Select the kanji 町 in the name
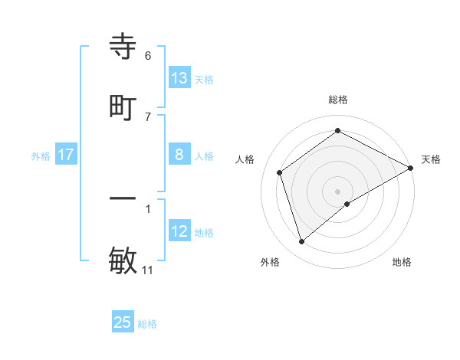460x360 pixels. pyautogui.click(x=123, y=107)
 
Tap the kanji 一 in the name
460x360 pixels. pyautogui.click(x=123, y=199)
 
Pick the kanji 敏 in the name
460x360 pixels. pyautogui.click(x=123, y=259)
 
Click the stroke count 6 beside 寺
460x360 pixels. pyautogui.click(x=148, y=56)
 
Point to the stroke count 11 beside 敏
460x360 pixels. pyautogui.click(x=149, y=270)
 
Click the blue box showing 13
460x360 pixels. pyautogui.click(x=179, y=78)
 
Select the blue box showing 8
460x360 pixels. pyautogui.click(x=179, y=155)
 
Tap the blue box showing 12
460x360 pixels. pyautogui.click(x=179, y=231)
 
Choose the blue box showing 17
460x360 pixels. pyautogui.click(x=66, y=155)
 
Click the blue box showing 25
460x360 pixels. pyautogui.click(x=123, y=322)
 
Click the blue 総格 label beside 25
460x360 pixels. pyautogui.click(x=147, y=324)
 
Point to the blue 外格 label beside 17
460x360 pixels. pyautogui.click(x=41, y=155)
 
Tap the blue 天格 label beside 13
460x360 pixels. pyautogui.click(x=204, y=79)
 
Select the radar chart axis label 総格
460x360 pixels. pyautogui.click(x=337, y=100)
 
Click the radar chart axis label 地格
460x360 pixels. pyautogui.click(x=402, y=262)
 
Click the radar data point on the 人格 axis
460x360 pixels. pyautogui.click(x=280, y=172)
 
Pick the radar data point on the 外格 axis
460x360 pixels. pyautogui.click(x=301, y=242)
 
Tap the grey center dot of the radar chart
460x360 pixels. pyautogui.click(x=337, y=191)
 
